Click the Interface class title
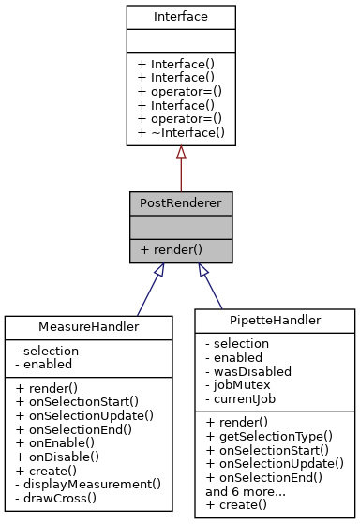pos(181,18)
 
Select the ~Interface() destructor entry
pos(181,133)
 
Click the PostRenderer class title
pos(181,202)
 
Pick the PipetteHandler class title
pos(275,320)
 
